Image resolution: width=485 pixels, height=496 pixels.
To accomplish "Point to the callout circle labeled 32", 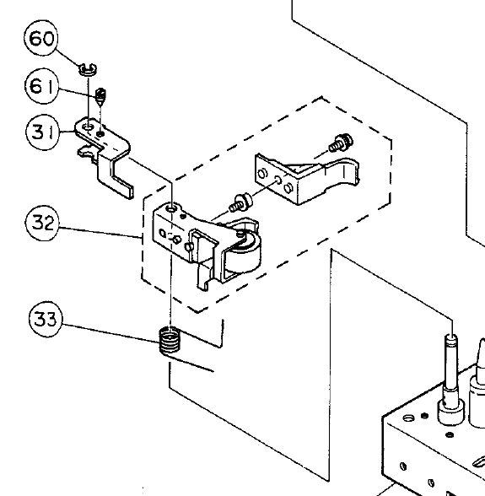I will (x=41, y=224).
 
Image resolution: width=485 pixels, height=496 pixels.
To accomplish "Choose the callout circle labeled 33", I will (x=45, y=320).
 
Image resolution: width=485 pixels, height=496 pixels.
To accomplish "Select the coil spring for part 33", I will (x=171, y=342).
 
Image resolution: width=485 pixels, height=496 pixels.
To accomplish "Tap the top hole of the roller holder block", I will (x=172, y=208).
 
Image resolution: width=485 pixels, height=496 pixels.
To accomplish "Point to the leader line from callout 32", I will (x=101, y=233).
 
